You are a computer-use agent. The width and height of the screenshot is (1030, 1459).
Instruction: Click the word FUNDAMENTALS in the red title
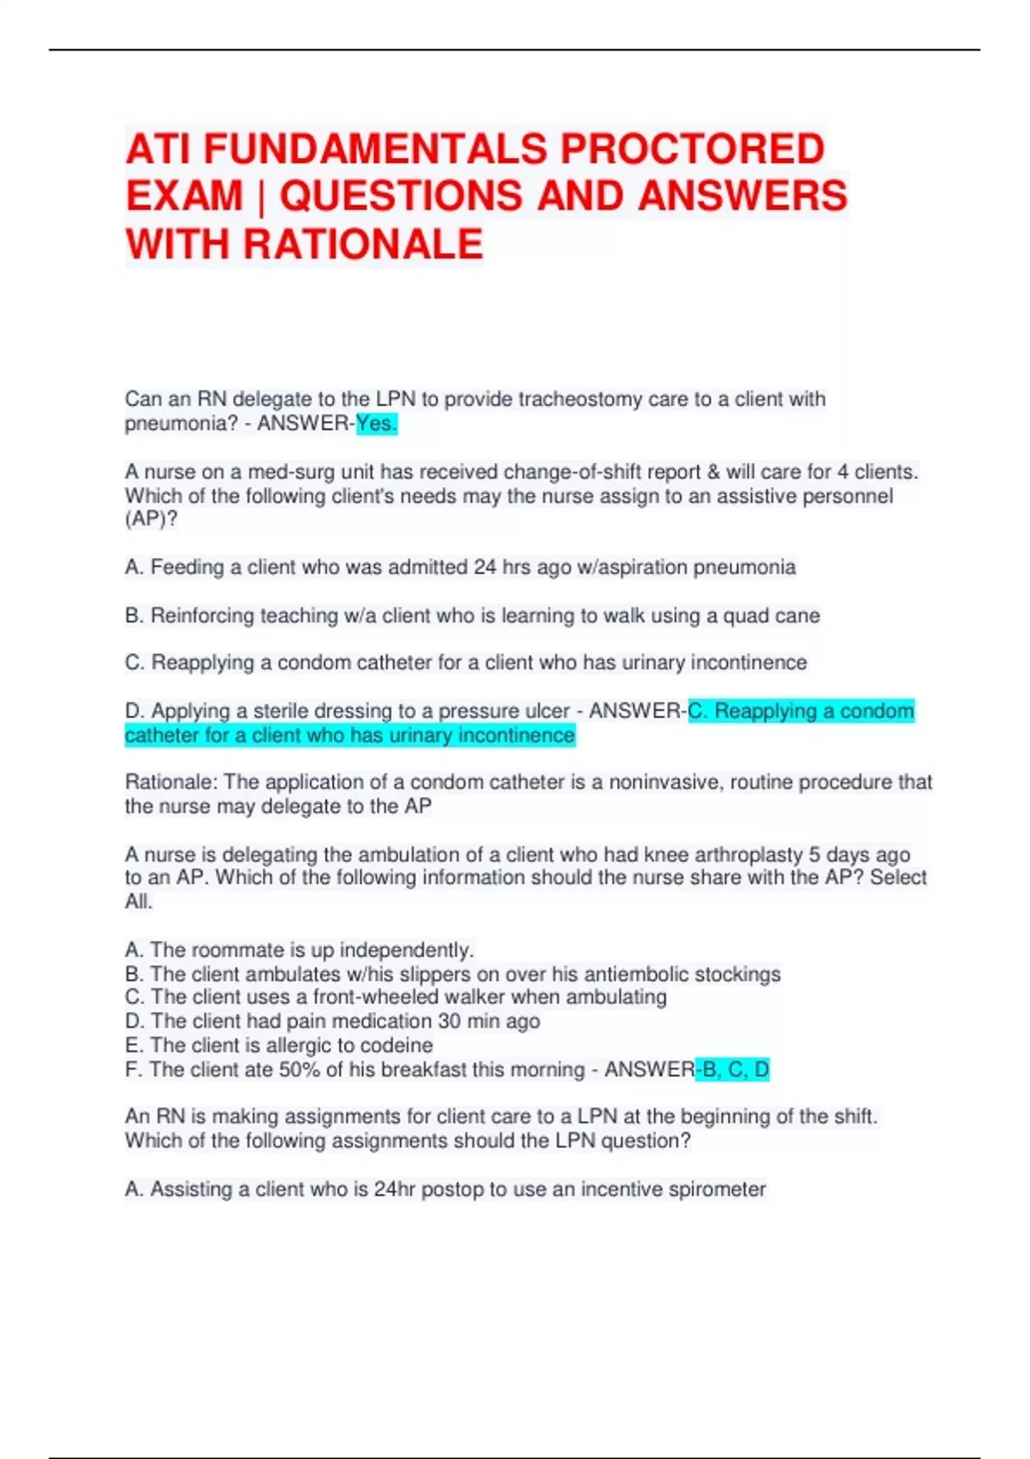(x=374, y=148)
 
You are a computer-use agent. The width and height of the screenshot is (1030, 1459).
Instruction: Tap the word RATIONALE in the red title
(x=363, y=244)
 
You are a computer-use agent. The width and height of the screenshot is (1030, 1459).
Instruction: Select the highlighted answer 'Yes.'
(x=377, y=424)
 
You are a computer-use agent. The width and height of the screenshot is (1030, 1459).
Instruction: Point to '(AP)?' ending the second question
(x=151, y=519)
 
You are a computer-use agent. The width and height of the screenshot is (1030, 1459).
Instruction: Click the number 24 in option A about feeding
(x=485, y=567)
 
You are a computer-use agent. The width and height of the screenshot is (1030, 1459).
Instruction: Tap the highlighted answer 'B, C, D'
(x=735, y=1069)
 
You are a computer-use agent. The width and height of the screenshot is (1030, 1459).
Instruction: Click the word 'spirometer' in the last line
(x=718, y=1190)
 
